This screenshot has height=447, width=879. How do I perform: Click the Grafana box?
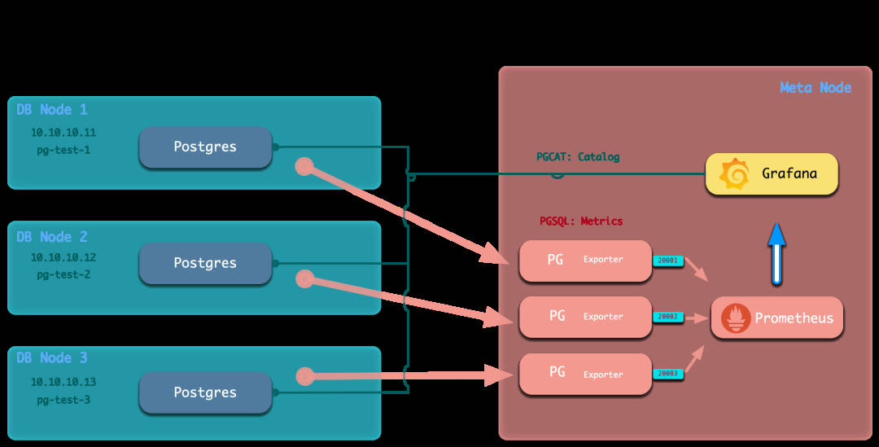pos(772,173)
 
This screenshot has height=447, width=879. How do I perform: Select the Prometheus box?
pos(777,318)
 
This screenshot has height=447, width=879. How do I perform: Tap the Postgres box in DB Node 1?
pos(205,147)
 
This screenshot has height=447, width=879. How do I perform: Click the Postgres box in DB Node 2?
pos(205,263)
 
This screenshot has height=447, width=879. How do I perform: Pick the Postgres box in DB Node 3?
pos(205,392)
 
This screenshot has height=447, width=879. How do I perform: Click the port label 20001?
pos(667,261)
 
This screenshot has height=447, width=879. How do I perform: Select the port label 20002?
pos(667,317)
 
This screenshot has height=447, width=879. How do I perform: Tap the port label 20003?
pos(667,374)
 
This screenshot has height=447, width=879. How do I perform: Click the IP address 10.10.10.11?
pos(63,132)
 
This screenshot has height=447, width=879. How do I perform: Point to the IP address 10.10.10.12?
pos(63,257)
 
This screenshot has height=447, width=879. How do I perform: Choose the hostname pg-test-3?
pos(63,400)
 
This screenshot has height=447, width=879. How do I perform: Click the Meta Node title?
pos(816,88)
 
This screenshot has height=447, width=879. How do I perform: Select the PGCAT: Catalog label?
pos(578,157)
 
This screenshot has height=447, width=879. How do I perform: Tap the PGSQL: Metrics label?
pos(581,221)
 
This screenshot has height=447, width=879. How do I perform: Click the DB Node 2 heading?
pos(52,237)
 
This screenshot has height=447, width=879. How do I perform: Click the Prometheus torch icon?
pos(736,318)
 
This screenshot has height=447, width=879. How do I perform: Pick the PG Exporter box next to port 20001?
pos(585,261)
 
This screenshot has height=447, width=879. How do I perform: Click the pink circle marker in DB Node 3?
pos(305,376)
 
